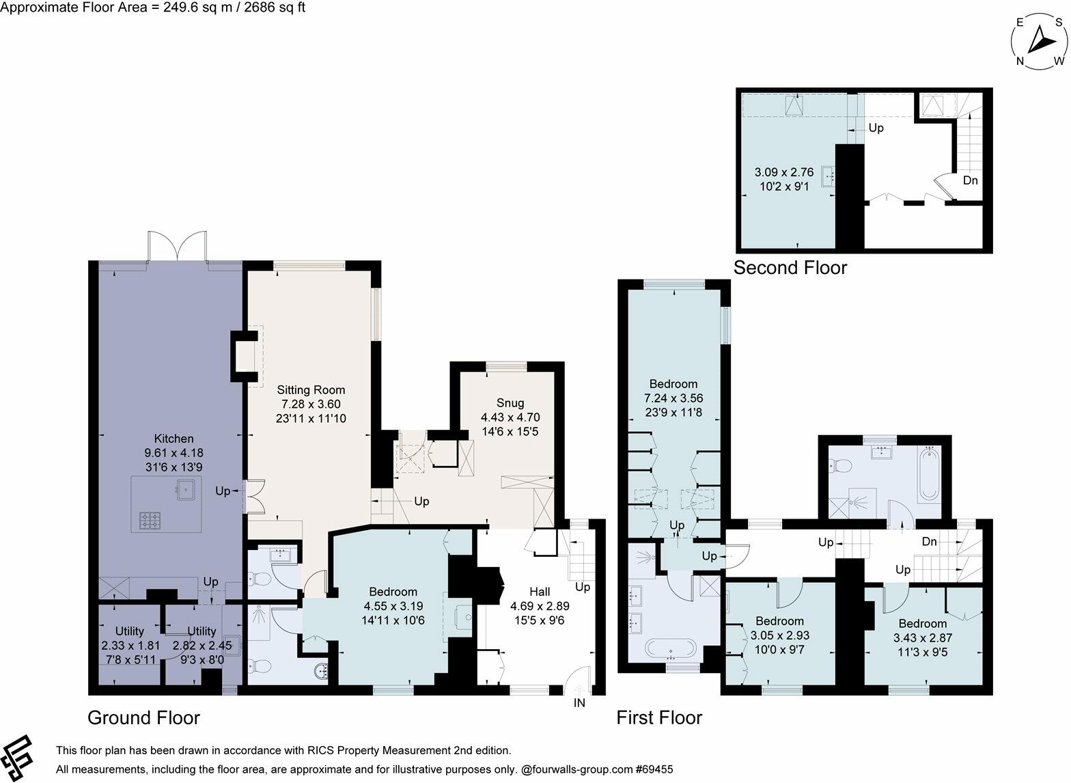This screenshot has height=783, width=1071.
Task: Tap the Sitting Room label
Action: pos(311,390)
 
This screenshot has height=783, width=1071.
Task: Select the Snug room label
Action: pos(510,403)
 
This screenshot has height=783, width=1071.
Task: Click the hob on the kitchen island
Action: pos(150,521)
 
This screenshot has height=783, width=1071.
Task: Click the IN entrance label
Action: pos(579,702)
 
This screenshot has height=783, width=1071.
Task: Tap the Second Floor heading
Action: pos(790,268)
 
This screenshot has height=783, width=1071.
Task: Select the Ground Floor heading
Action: pos(143,717)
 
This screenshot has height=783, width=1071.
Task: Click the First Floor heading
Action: pos(659,717)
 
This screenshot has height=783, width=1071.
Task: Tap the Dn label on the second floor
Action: pos(970,180)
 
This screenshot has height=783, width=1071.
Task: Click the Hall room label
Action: pos(540,592)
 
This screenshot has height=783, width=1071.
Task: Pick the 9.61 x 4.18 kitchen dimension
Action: pos(174,452)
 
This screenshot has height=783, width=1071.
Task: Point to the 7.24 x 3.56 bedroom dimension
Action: pos(673,398)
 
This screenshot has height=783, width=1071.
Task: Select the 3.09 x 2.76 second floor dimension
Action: pos(784,172)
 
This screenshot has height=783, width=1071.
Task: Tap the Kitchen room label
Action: pos(174,439)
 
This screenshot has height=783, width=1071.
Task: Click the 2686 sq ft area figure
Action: pos(275,8)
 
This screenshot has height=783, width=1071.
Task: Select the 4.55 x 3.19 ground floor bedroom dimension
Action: pos(393,606)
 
